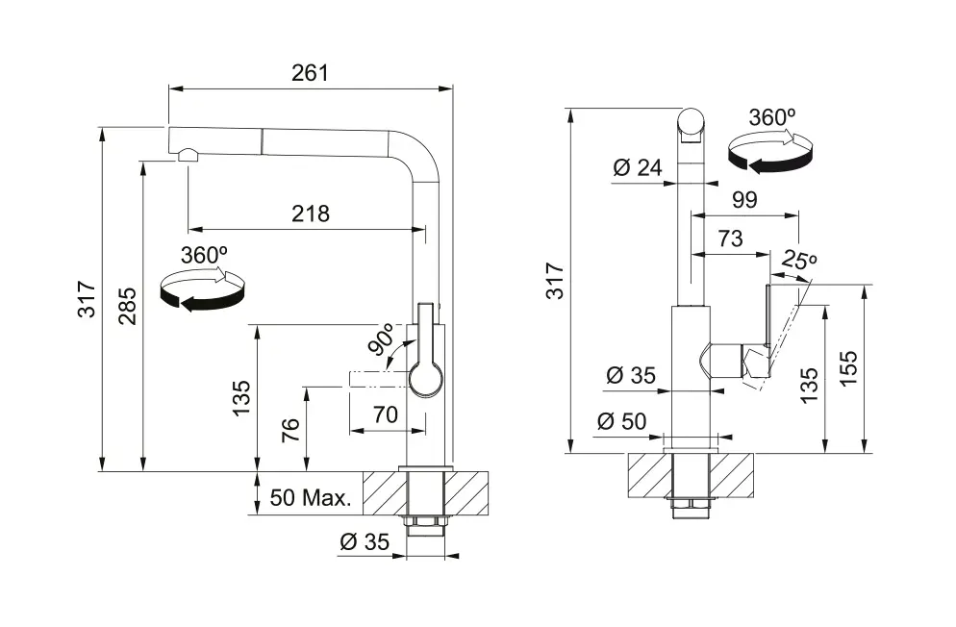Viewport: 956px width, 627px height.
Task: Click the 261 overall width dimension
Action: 310,73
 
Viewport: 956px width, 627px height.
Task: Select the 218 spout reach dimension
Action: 310,213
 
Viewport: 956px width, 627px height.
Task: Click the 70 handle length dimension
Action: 385,416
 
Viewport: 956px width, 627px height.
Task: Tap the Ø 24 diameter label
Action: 637,168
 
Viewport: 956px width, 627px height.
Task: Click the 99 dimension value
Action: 744,200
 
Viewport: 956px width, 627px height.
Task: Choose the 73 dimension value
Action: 730,238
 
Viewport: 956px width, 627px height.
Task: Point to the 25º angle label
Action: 799,260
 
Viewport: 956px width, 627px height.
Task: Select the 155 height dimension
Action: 848,368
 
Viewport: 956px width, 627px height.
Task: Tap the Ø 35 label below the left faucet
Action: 365,542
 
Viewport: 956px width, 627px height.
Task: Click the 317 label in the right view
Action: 555,280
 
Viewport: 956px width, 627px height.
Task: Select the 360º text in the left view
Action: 204,256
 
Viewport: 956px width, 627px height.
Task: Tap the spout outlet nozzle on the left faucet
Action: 186,156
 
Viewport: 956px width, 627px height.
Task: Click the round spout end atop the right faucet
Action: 691,122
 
